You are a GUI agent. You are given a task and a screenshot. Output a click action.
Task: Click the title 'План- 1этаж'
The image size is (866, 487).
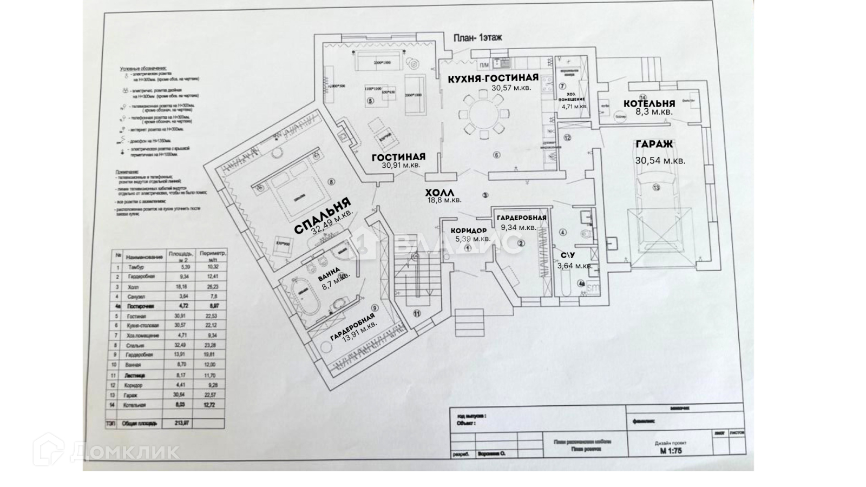point(477,38)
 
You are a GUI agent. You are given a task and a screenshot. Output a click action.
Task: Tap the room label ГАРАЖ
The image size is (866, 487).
point(654,144)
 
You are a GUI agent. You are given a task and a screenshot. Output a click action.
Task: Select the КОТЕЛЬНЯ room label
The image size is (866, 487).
point(649,103)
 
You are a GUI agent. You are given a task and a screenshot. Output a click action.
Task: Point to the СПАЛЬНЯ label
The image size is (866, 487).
point(320,215)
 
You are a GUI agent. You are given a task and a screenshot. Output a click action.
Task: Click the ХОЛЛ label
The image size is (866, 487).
point(439,193)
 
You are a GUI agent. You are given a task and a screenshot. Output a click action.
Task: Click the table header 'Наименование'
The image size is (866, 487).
point(143,256)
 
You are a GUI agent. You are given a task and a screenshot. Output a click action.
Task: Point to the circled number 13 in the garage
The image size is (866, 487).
point(656,188)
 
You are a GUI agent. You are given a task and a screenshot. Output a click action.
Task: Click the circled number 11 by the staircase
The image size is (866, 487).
point(417,313)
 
